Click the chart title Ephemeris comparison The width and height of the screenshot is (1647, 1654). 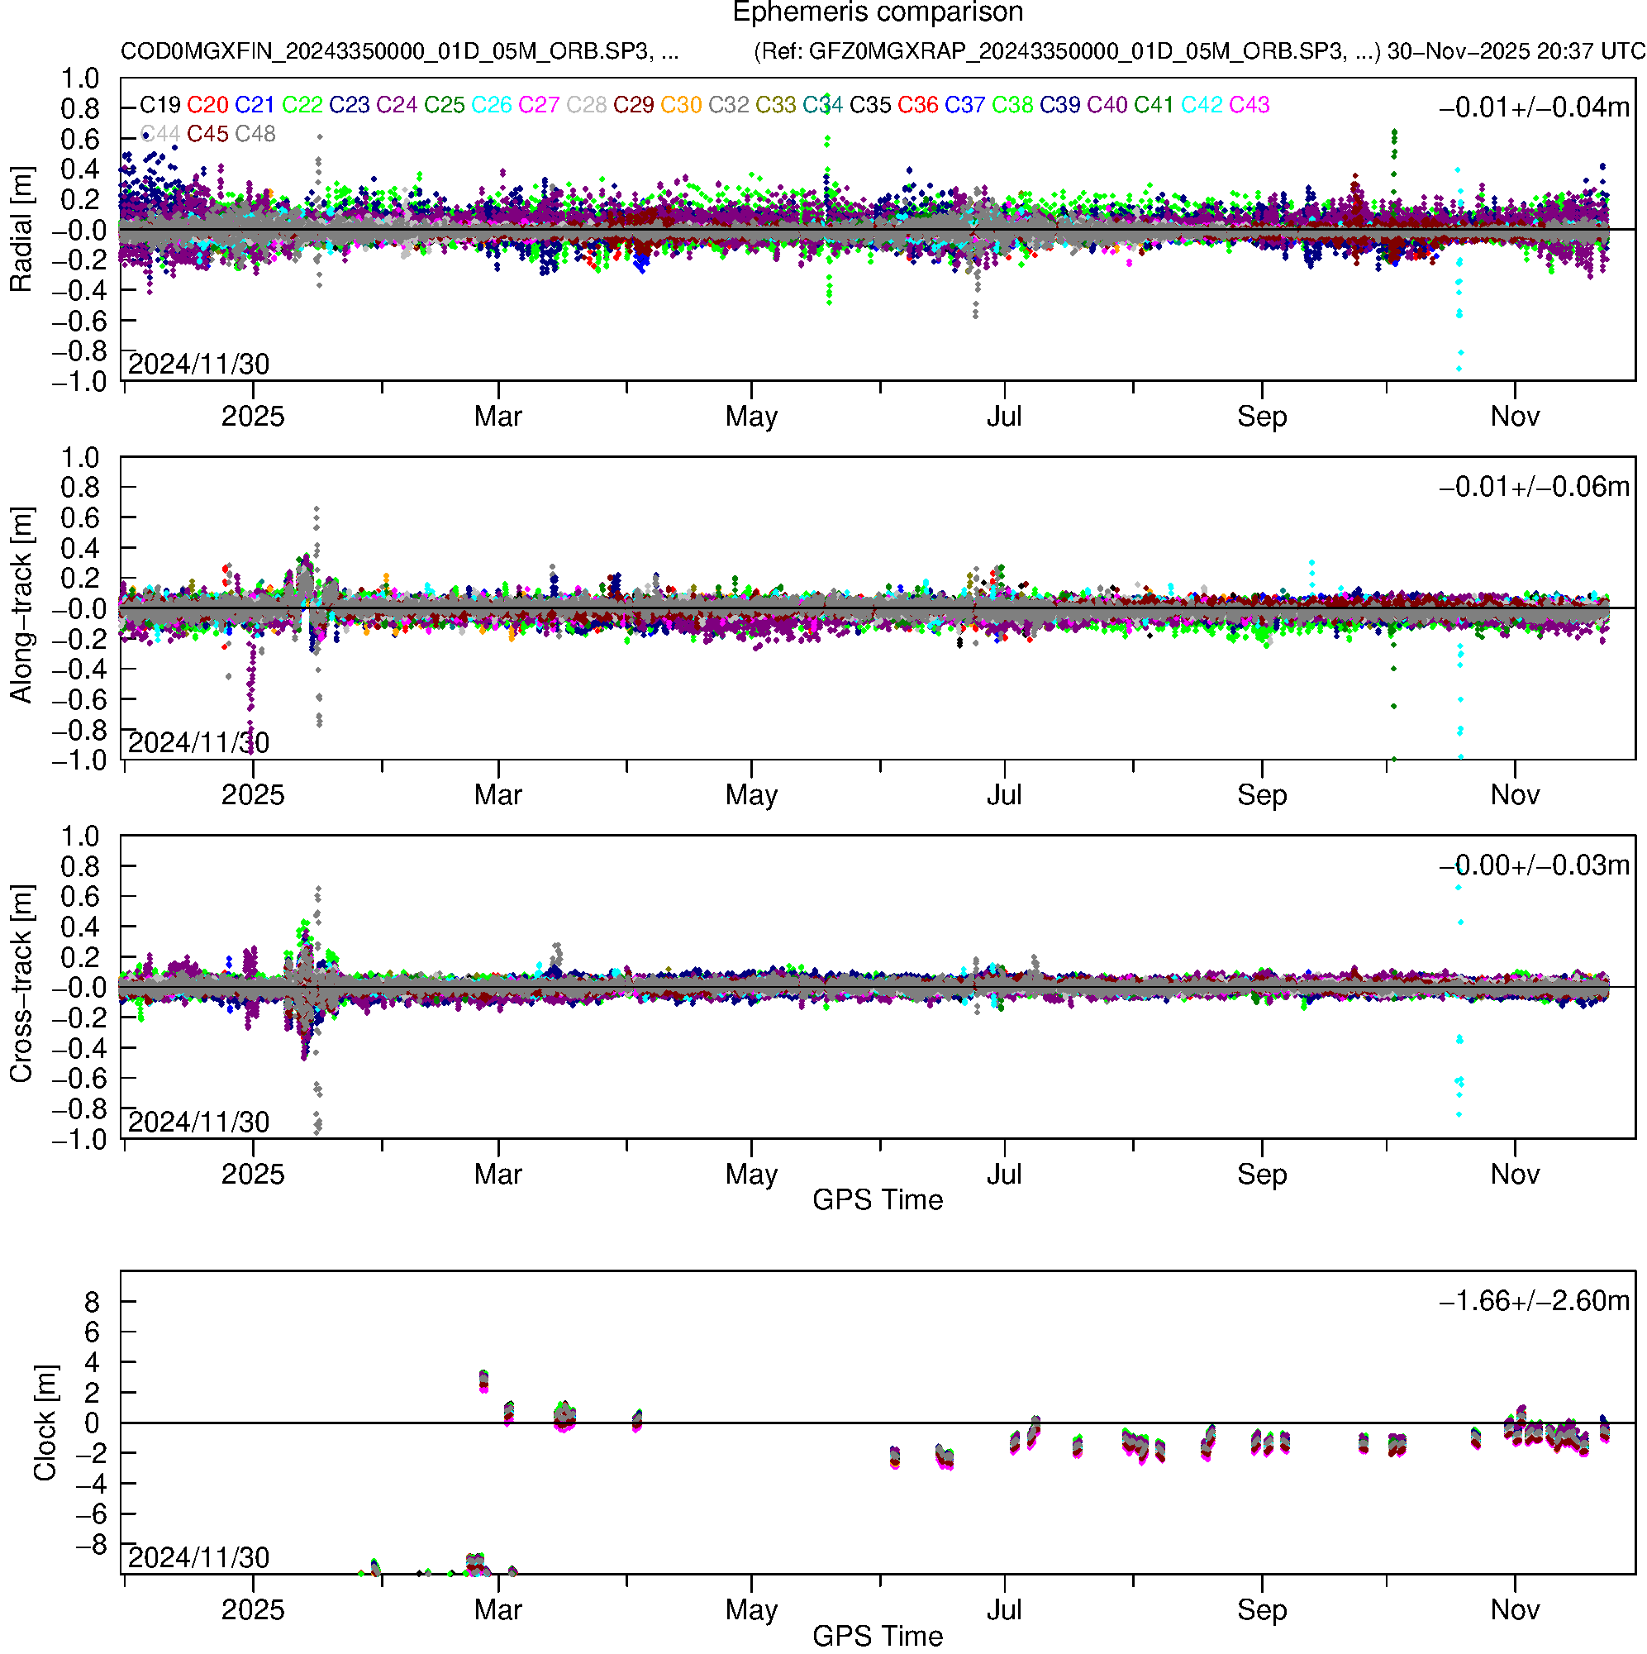(878, 13)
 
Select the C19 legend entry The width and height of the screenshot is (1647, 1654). (160, 105)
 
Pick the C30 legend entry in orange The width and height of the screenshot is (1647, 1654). (681, 105)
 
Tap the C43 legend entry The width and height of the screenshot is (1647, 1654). (1249, 105)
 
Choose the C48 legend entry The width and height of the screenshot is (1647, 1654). (255, 135)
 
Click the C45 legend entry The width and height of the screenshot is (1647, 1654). (207, 135)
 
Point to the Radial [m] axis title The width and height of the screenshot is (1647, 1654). (21, 230)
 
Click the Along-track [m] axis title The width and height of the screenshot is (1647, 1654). (21, 606)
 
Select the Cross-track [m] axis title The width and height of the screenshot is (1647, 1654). (21, 984)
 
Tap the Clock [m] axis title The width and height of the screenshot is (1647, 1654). (45, 1423)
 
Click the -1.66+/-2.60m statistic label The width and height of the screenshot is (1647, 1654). (1534, 1301)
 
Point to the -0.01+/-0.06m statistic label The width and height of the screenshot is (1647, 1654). (1534, 487)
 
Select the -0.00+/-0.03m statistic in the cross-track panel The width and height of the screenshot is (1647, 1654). (1534, 865)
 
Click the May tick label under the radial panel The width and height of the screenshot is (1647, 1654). (750, 417)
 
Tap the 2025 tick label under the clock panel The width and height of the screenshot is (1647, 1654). (253, 1610)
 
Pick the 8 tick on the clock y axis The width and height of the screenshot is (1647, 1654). (92, 1302)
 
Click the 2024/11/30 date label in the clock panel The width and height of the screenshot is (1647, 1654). (198, 1558)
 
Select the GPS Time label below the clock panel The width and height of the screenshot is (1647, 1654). (878, 1636)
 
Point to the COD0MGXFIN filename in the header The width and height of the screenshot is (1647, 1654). (399, 51)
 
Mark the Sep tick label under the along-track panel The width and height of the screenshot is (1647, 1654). (1262, 795)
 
